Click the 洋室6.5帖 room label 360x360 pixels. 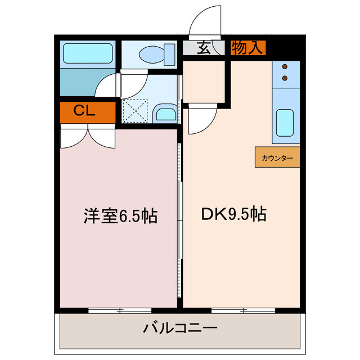(x=120, y=216)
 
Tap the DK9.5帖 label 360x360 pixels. (x=233, y=214)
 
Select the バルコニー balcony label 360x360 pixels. (x=179, y=328)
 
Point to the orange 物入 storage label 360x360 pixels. (x=247, y=48)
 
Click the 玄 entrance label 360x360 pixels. (x=204, y=48)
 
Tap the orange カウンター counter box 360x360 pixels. (x=277, y=158)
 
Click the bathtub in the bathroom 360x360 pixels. (x=87, y=53)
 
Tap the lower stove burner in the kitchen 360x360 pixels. (x=285, y=76)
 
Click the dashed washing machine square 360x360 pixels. (x=136, y=110)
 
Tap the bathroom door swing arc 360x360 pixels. (x=107, y=87)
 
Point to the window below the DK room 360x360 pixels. (x=244, y=310)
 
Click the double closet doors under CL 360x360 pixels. (x=87, y=137)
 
